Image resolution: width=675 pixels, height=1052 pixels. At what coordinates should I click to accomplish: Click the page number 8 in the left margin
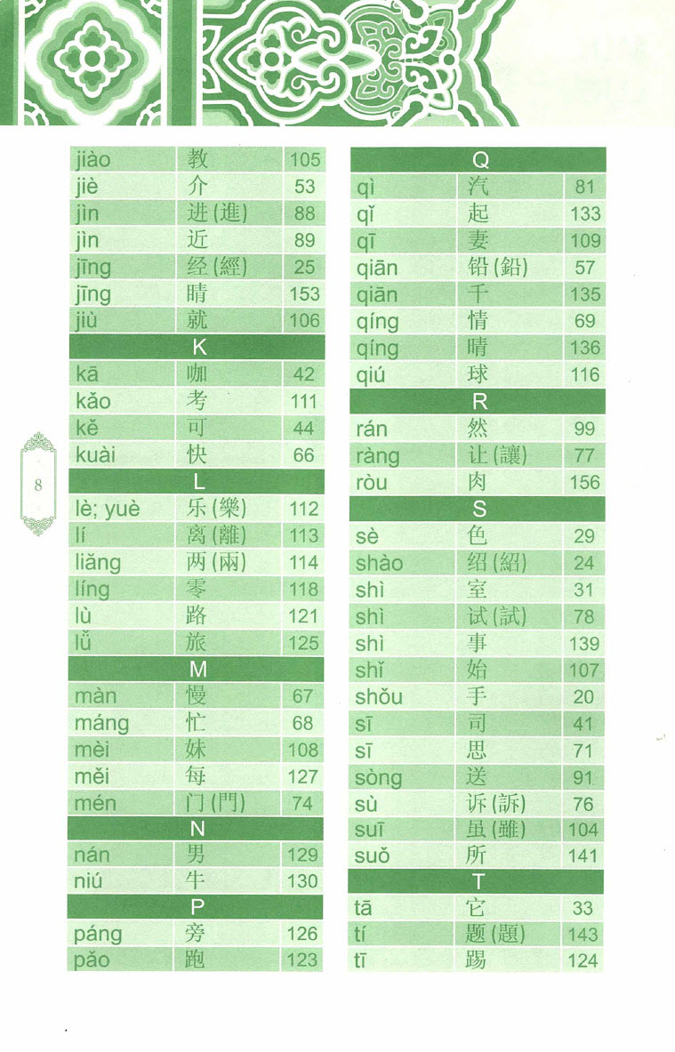click(37, 485)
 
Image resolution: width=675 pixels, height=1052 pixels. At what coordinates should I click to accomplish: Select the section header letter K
click(198, 348)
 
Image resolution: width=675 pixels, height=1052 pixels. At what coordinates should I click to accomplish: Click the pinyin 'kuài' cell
click(96, 455)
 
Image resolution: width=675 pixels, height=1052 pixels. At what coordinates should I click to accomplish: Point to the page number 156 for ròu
click(585, 483)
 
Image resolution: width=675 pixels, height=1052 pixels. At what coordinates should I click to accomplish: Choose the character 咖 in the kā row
click(197, 374)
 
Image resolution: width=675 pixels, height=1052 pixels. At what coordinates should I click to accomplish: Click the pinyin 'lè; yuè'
click(108, 509)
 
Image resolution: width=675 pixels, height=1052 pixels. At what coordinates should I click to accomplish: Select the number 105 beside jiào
click(304, 160)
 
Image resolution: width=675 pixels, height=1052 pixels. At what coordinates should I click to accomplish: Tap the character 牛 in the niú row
click(197, 881)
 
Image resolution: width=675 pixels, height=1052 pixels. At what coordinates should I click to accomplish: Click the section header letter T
click(479, 882)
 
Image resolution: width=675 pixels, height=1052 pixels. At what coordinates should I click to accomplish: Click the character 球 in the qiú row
click(478, 374)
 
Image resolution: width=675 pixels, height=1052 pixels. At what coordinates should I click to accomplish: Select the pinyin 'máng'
click(101, 724)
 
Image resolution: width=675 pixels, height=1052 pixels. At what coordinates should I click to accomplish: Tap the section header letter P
click(198, 907)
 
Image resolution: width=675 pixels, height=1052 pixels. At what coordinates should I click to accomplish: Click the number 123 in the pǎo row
click(302, 960)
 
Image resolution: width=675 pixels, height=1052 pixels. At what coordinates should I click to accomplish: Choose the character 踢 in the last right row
click(478, 960)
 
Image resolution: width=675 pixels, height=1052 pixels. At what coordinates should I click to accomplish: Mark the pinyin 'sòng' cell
click(379, 778)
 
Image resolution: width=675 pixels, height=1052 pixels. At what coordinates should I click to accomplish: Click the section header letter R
click(479, 402)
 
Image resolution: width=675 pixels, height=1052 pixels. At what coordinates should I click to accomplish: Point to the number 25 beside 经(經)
click(304, 267)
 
